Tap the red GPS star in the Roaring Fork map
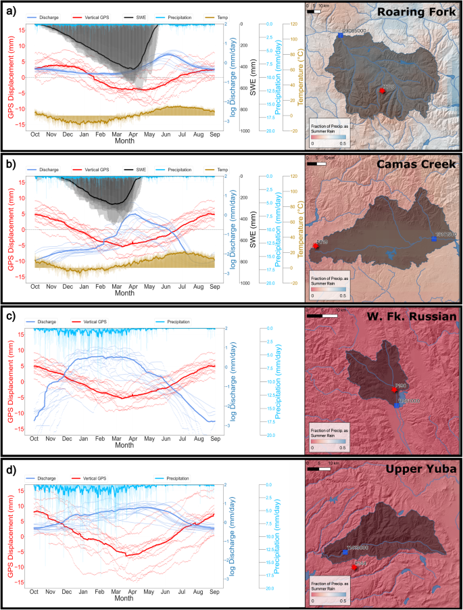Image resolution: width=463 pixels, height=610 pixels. [383, 89]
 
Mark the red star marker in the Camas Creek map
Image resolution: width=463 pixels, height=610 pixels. [316, 246]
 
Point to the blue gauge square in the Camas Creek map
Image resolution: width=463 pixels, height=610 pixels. [433, 238]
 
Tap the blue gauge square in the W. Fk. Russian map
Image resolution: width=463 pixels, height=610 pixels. [397, 405]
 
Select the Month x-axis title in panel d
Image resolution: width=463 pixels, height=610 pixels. [124, 598]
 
